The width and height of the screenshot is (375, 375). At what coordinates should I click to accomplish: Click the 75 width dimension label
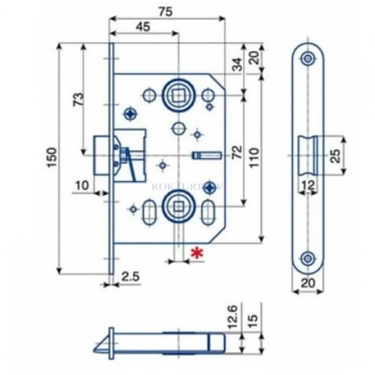click(166, 12)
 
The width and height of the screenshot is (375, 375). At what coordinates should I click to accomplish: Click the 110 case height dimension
click(254, 157)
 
